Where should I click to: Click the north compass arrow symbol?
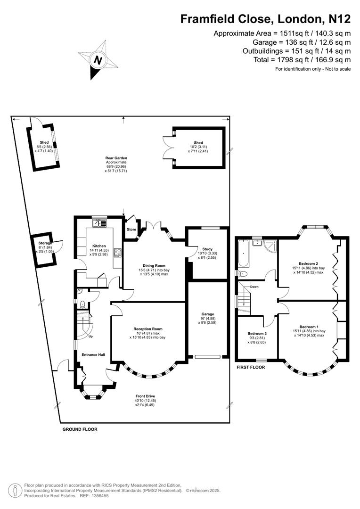point(98,60)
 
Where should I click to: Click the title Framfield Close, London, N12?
point(266,19)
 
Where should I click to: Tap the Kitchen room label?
point(99,246)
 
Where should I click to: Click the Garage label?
point(208,314)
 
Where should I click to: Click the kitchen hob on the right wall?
point(117,253)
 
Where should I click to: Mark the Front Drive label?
point(145,396)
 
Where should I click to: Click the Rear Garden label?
point(116,158)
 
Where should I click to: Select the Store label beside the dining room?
point(131,230)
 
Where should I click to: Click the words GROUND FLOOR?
point(80,429)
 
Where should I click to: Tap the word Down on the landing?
point(254,287)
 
